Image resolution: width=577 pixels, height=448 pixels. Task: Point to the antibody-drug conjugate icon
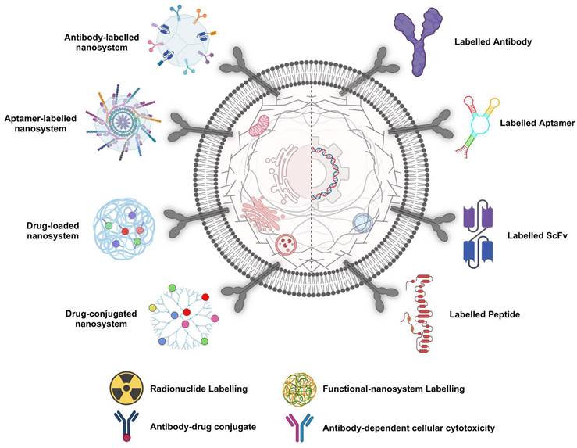124,427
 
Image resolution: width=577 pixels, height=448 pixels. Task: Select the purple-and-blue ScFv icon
477,233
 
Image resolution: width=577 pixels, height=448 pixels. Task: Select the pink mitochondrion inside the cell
261,127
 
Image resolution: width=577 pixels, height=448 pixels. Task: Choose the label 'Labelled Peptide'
484,315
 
